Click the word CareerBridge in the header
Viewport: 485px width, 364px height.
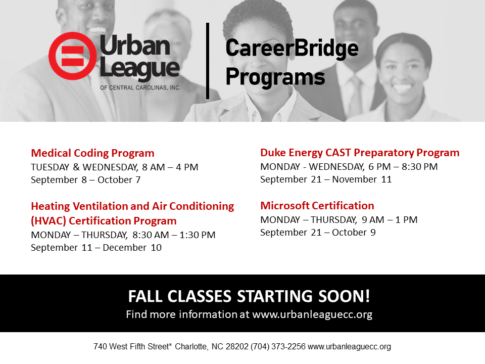[292, 49]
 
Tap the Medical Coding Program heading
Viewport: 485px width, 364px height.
[92, 153]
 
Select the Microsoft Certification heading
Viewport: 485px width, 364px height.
[317, 206]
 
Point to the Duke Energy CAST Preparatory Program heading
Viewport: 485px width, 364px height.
[360, 153]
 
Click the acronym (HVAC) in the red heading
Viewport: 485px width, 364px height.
[48, 221]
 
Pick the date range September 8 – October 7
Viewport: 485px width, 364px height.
[86, 180]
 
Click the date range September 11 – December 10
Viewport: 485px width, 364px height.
[96, 248]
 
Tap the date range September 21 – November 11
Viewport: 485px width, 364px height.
[326, 179]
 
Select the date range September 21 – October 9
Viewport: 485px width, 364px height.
[318, 233]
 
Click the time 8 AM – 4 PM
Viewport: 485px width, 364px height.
[170, 167]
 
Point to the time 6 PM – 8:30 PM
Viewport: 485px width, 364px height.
[403, 166]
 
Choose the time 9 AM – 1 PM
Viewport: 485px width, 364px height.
[390, 220]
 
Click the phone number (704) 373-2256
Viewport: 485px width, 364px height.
[278, 346]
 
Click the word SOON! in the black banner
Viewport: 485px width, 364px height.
[344, 296]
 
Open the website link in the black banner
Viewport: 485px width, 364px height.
[312, 314]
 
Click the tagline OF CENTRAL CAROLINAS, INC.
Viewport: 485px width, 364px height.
[140, 88]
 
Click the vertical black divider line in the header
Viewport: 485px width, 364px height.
[208, 61]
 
